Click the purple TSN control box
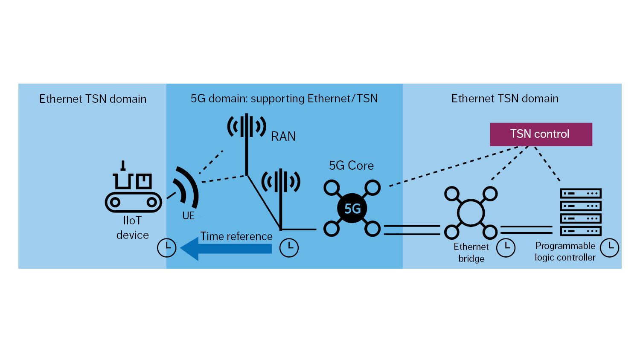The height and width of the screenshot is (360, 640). (x=541, y=134)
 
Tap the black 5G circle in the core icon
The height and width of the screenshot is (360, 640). (x=352, y=209)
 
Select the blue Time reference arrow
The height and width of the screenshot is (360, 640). (x=226, y=249)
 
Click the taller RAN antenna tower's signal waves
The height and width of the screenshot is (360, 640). (x=247, y=126)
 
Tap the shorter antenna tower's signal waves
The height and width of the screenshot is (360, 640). (x=281, y=182)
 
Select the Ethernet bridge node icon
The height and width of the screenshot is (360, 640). (x=471, y=212)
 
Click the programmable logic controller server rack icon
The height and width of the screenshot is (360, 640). (x=580, y=212)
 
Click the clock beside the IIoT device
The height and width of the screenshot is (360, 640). (x=166, y=248)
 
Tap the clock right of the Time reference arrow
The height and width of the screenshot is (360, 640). (x=289, y=248)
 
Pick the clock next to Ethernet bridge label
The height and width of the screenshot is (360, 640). (x=506, y=247)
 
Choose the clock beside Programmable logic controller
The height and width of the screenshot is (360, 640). (x=609, y=247)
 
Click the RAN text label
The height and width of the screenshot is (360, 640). (x=283, y=136)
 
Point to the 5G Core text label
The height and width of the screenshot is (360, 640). (x=351, y=165)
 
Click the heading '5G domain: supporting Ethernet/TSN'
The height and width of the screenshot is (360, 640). (x=284, y=99)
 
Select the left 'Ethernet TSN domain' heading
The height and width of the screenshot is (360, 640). (x=93, y=99)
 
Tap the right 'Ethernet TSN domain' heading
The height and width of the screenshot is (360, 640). (x=505, y=99)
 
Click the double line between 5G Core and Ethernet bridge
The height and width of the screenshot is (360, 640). (x=412, y=230)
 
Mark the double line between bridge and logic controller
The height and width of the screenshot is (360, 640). (x=526, y=230)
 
